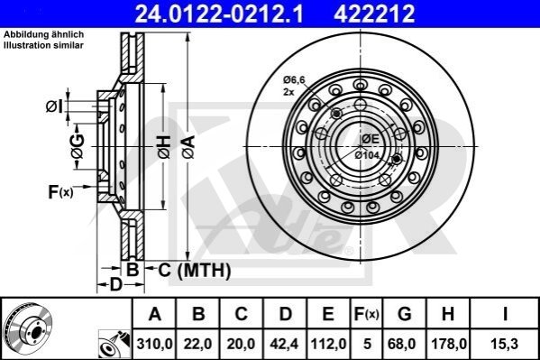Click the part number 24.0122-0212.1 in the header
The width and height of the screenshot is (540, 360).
point(219,14)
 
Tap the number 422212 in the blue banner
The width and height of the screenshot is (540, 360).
point(374,14)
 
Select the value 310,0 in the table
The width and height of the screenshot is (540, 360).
point(154,344)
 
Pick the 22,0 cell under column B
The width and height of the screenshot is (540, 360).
point(197,344)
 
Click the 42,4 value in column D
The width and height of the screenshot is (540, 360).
point(284,344)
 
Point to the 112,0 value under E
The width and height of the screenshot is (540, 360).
point(328,344)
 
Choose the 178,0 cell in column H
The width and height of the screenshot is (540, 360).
point(449,344)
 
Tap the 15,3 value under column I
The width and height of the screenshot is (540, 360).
point(505,344)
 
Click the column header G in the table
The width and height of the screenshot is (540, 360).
point(404,314)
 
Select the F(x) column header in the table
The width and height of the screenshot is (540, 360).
point(367,314)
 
